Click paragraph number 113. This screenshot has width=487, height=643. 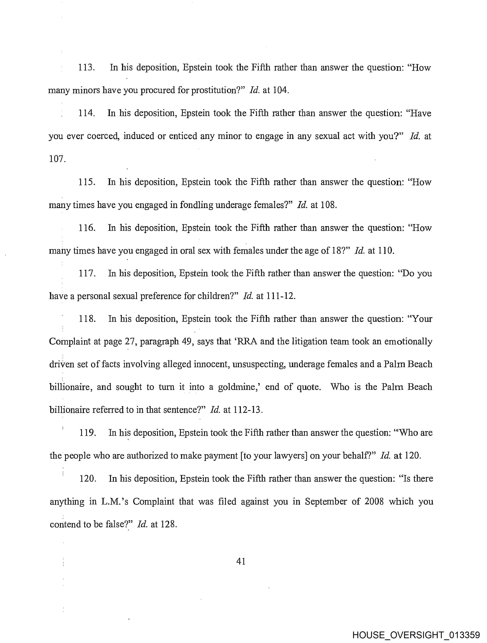click(86, 68)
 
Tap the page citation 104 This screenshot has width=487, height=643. click(281, 90)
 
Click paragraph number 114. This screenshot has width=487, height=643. click(86, 113)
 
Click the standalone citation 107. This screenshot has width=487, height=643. click(57, 159)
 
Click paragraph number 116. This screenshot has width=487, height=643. click(87, 228)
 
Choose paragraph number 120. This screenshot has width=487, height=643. click(88, 478)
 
